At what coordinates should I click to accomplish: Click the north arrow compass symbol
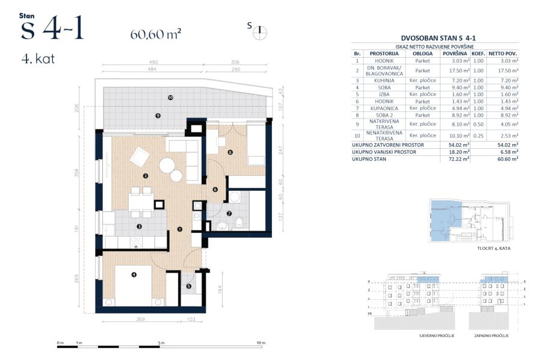click(x=261, y=32)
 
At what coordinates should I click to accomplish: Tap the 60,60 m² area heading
click(x=156, y=34)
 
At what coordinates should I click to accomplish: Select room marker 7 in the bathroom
click(x=229, y=213)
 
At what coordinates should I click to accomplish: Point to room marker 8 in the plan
click(x=230, y=152)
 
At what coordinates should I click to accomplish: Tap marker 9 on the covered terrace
click(x=158, y=116)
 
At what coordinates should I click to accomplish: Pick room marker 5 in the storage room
click(x=188, y=287)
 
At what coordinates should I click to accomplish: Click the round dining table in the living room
click(x=168, y=165)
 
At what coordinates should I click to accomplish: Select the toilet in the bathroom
click(x=239, y=222)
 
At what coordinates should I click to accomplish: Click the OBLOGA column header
click(x=422, y=53)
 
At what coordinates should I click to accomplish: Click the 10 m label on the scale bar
click(x=260, y=343)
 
